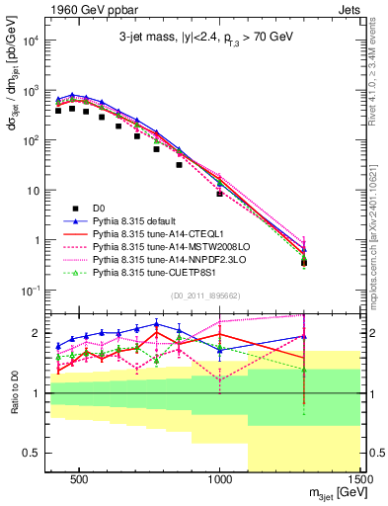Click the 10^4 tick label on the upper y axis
coord(30,41)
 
